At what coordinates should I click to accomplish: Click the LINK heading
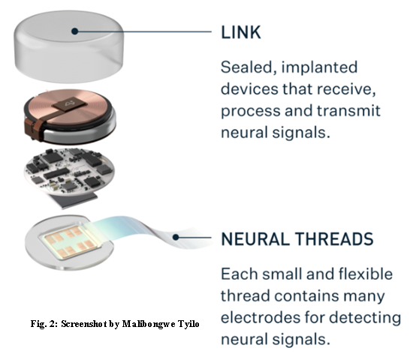pos(241,32)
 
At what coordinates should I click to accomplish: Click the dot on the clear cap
pos(75,31)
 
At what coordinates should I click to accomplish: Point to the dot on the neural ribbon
pos(176,237)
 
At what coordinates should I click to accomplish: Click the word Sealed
pos(249,67)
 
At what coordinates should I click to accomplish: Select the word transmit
pos(348,110)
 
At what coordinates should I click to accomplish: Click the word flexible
pos(366,274)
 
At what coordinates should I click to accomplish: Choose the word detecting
pos(365,318)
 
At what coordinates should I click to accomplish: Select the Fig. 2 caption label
pos(44,324)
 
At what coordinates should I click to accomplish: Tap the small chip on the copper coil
pos(68,104)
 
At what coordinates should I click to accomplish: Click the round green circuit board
pos(69,171)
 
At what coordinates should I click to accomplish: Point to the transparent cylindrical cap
pos(69,46)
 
